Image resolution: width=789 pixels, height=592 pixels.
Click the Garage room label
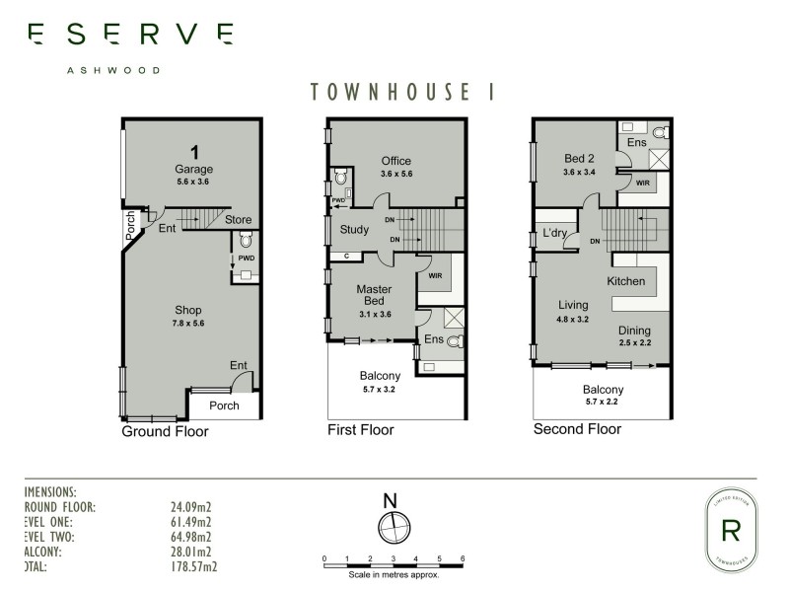194,169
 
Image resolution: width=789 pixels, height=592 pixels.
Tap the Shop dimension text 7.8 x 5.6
194,323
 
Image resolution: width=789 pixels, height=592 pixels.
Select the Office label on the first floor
396,161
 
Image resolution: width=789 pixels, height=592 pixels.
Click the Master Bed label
374,295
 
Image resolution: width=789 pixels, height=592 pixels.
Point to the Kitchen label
625,281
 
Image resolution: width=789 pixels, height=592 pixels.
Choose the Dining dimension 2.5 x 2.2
634,342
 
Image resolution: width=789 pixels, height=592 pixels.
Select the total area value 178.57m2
194,567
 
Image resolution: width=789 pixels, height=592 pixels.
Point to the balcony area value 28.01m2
192,553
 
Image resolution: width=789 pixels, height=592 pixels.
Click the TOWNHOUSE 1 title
401,92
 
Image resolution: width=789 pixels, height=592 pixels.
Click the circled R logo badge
731,530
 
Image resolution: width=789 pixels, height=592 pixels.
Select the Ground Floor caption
165,431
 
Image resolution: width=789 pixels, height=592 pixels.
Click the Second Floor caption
577,429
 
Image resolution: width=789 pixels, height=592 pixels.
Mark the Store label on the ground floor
238,219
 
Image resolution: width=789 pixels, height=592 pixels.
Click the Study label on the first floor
354,230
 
